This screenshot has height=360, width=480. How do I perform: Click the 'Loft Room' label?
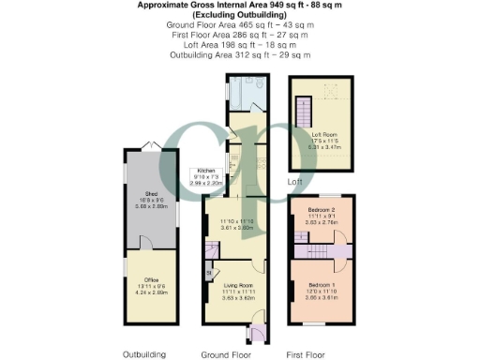(x=322, y=133)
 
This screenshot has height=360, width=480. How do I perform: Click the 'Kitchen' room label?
(x=206, y=171)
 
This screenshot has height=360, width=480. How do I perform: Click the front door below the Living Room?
(x=255, y=332)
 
